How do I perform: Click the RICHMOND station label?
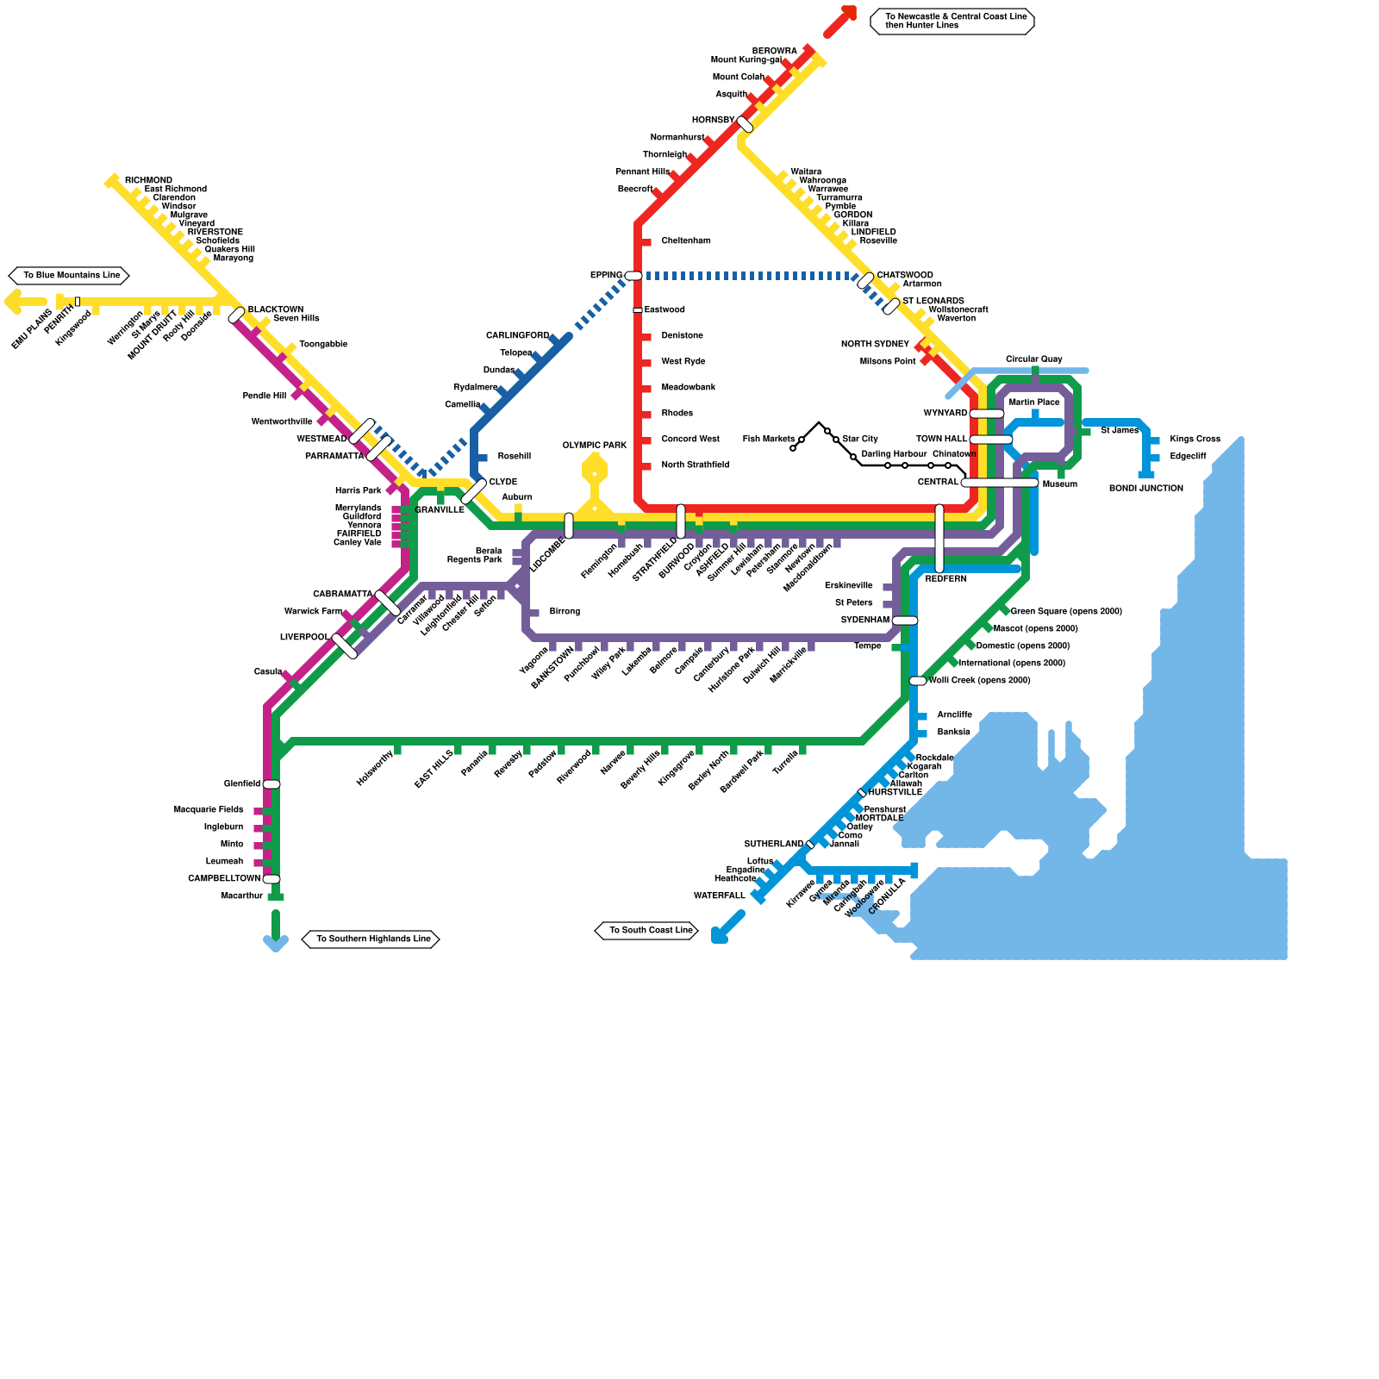(148, 181)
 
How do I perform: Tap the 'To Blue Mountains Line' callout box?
(70, 276)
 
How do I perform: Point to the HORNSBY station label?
(713, 121)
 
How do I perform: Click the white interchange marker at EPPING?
(633, 276)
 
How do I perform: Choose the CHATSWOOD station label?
(905, 276)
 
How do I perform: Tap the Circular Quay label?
(1033, 359)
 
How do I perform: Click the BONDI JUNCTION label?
(1145, 489)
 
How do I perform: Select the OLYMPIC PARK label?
(595, 446)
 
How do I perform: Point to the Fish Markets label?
(768, 440)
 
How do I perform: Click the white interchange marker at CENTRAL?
(1000, 483)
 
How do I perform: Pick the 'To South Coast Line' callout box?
(646, 931)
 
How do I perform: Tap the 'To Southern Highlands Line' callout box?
(371, 939)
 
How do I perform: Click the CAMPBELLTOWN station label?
(224, 879)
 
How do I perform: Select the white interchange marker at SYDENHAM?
(904, 621)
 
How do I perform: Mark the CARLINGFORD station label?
(517, 336)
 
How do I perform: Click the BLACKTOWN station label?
(276, 310)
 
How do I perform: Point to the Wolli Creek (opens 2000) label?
(980, 681)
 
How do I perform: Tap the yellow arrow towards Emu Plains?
(24, 302)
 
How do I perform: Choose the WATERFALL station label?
(719, 896)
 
